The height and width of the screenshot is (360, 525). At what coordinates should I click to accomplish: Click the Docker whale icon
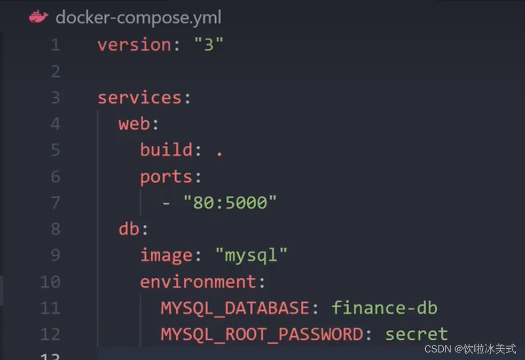point(38,17)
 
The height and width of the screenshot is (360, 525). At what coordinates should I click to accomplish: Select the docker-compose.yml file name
point(138,18)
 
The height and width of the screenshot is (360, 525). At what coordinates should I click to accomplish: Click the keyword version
point(134,45)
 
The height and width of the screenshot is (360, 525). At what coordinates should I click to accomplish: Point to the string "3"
point(208,45)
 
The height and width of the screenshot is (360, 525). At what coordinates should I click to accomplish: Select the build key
point(167,150)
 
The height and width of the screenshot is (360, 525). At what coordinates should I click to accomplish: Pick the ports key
point(166,177)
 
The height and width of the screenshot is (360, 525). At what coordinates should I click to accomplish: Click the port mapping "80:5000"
point(230,203)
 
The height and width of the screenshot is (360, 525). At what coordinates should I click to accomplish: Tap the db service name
point(129,229)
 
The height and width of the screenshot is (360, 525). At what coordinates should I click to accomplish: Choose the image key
point(166,255)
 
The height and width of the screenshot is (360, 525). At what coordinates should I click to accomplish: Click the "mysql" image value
point(252,255)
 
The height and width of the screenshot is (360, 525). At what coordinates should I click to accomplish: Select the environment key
point(198,281)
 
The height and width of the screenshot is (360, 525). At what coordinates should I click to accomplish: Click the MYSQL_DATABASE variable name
point(235,308)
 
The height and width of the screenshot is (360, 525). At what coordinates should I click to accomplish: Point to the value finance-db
point(385,308)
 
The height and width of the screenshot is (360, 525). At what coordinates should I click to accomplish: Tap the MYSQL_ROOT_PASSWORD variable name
point(262,334)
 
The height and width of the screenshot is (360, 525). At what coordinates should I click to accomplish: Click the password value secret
point(417,334)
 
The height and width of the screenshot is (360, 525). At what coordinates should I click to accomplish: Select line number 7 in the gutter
point(56,203)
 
